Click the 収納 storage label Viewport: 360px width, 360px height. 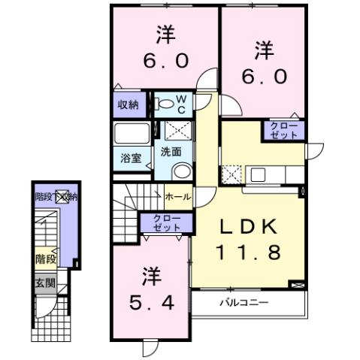point(128,104)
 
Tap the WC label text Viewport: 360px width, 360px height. point(183,103)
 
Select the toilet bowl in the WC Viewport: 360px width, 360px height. point(164,104)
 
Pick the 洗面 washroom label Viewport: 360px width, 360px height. point(170,151)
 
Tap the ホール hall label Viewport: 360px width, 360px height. point(177,197)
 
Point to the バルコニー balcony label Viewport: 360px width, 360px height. point(244,304)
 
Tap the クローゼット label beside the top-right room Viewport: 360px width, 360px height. point(284,129)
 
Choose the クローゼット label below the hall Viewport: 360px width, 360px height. point(166,223)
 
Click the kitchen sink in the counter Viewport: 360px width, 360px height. point(258,175)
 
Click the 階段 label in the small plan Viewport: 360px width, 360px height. point(45,259)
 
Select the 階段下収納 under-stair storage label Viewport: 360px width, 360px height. point(56,197)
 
